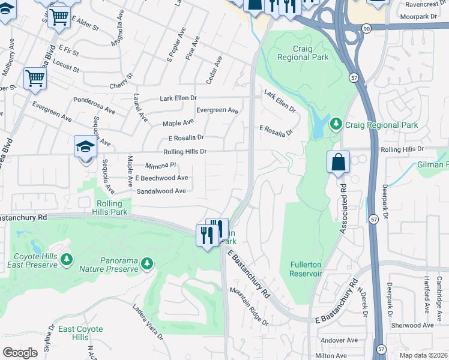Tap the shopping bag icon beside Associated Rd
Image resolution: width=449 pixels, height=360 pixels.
click(339, 162)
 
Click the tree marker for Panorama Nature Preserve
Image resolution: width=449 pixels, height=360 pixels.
click(147, 263)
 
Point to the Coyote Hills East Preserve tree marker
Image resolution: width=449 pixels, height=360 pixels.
click(67, 259)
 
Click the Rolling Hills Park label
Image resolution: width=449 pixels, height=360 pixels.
click(112, 208)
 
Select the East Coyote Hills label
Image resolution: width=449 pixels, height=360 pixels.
click(80, 334)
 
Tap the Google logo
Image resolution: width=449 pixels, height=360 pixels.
click(20, 353)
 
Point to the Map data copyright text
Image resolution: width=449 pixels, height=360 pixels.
click(423, 355)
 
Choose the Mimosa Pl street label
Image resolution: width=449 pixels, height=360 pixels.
click(160, 165)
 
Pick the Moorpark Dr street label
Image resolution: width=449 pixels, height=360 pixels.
click(417, 16)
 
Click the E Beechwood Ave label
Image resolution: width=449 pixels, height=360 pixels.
click(161, 178)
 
